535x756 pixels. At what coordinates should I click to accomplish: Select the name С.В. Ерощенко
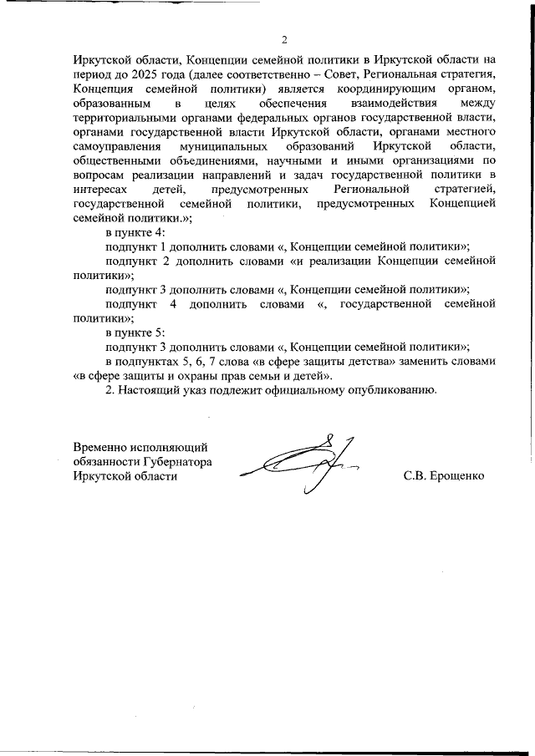pyautogui.click(x=443, y=476)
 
